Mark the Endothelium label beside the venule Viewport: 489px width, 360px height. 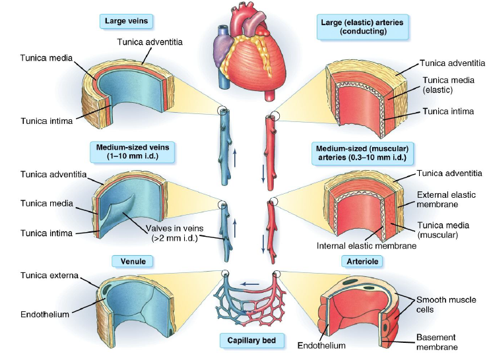(x=45, y=315)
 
